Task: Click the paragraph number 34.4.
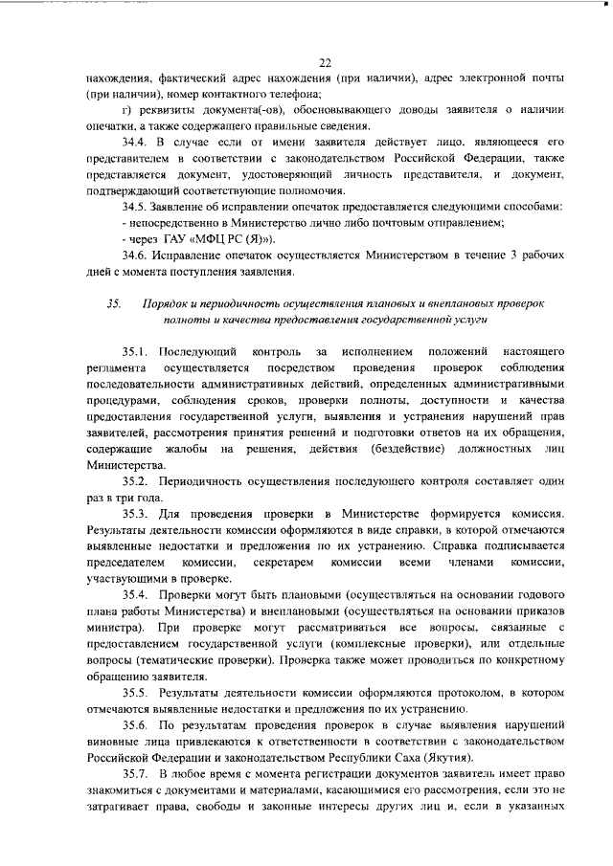[136, 143]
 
